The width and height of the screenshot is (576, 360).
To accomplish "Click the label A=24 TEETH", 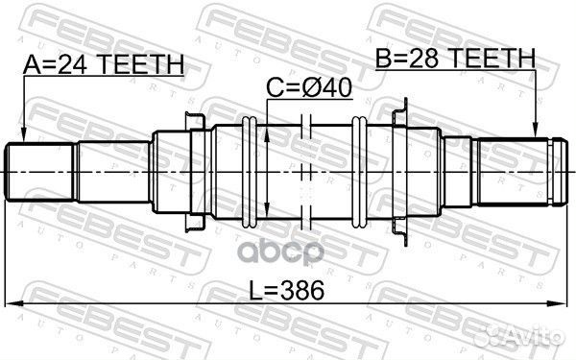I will click(103, 64).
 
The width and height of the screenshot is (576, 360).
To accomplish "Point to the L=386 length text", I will click(286, 289).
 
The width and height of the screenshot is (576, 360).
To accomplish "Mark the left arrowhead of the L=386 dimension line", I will click(13, 305).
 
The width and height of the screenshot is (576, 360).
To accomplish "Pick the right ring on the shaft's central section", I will click(359, 171).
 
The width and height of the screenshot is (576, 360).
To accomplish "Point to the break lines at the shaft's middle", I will click(304, 171).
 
